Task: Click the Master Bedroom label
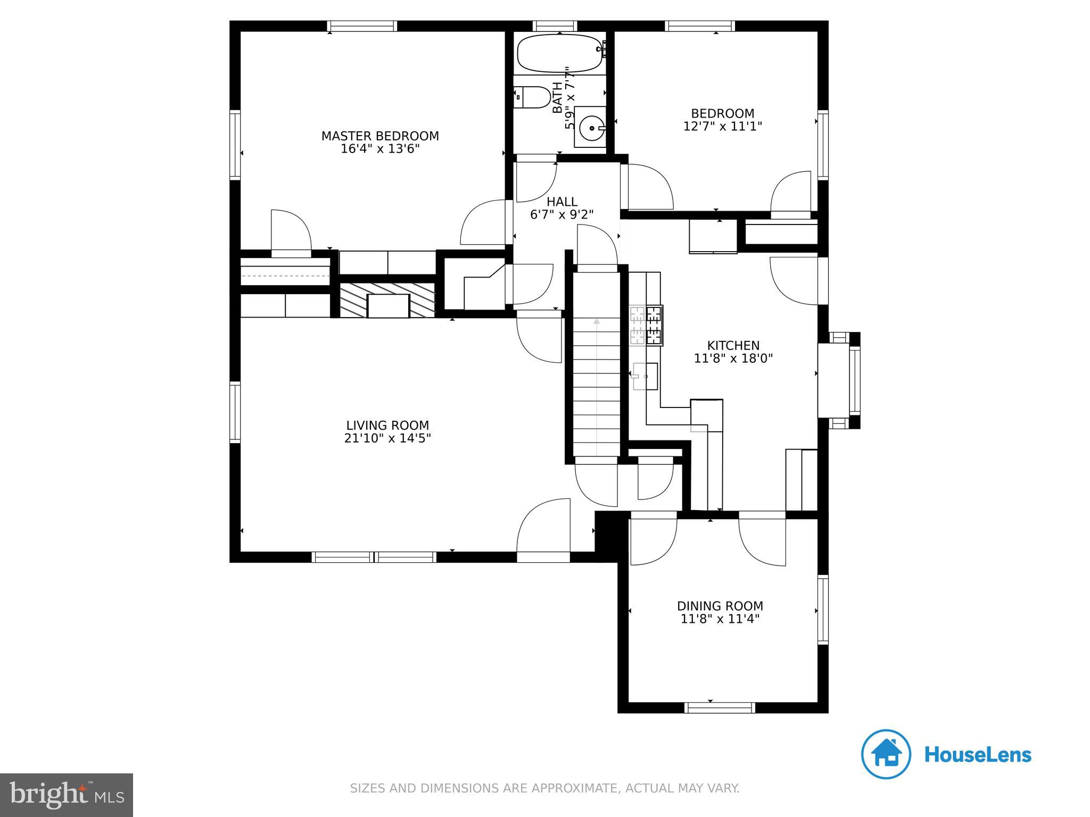380,136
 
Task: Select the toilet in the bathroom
533,97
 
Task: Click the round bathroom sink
591,128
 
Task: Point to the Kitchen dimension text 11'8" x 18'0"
733,359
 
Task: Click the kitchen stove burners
646,326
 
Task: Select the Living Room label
387,426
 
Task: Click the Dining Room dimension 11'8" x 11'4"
720,619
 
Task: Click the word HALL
562,202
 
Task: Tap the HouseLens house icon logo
886,754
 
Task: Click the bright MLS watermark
67,795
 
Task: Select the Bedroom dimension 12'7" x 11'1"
723,127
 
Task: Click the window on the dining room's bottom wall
720,707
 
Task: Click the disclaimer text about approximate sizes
544,788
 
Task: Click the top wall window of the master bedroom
362,26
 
